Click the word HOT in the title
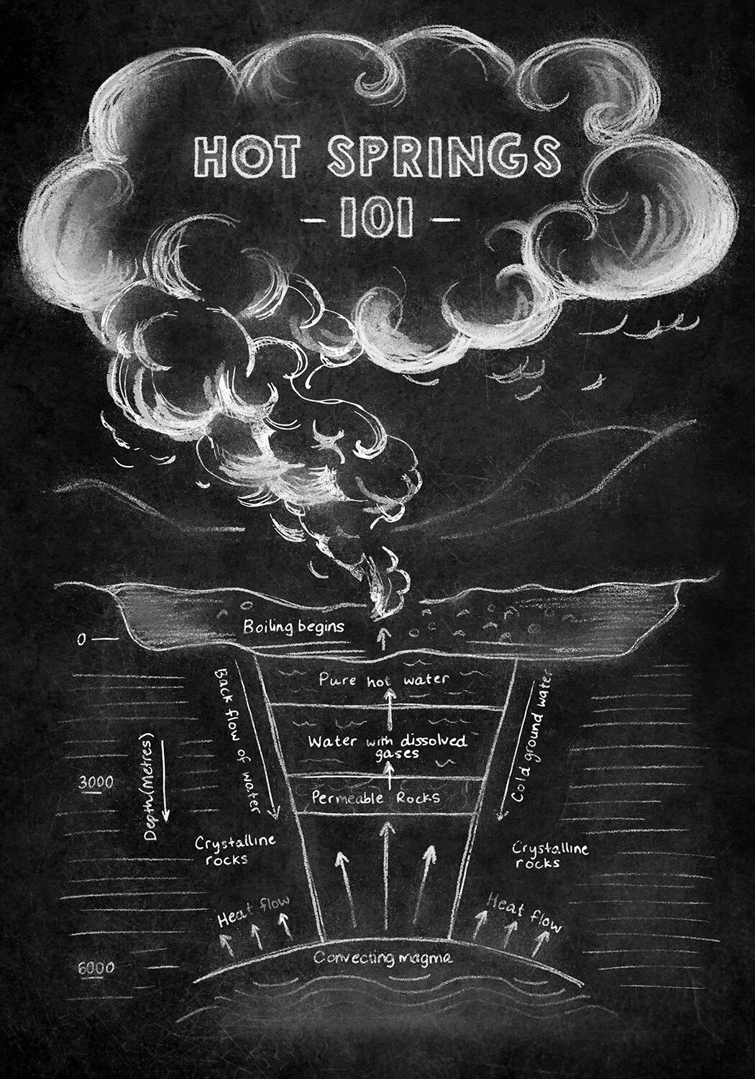coord(247,156)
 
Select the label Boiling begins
coord(293,627)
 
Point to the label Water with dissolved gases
coord(388,746)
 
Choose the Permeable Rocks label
coord(375,798)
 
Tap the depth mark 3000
coord(95,782)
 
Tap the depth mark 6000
coord(96,968)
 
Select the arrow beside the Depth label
coord(165,780)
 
